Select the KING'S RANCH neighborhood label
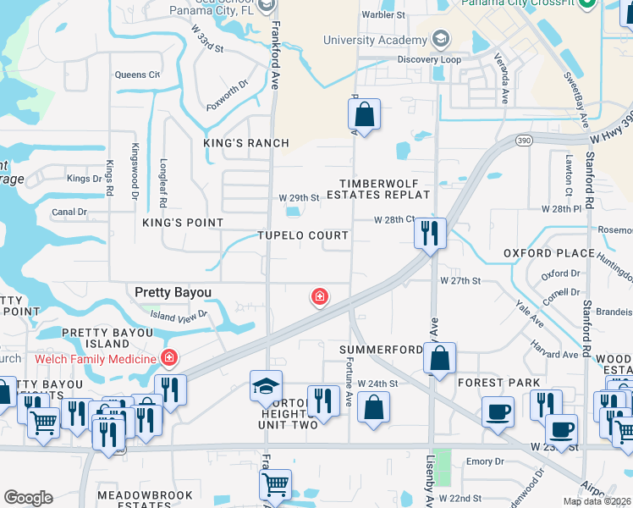point(246,143)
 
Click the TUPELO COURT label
point(303,235)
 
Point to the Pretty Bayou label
point(173,292)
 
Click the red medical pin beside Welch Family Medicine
point(169,358)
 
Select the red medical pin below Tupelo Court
point(319,296)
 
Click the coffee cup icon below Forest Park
point(498,412)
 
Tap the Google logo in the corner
point(28,497)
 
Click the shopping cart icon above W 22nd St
point(275,485)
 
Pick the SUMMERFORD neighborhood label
point(381,350)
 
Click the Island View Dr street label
point(179,316)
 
